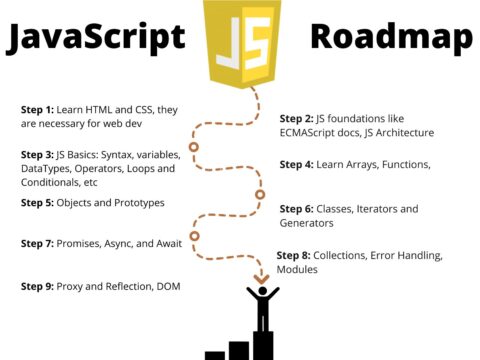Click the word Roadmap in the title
[391, 37]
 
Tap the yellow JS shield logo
[241, 39]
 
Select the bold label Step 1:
[37, 109]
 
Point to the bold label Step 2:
[296, 118]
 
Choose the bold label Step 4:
[296, 164]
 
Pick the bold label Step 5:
[37, 203]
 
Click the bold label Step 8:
[293, 255]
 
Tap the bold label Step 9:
[37, 287]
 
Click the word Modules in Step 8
[298, 269]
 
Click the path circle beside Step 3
[194, 148]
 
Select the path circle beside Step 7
[194, 236]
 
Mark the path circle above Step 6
[260, 194]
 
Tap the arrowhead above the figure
[262, 277]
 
